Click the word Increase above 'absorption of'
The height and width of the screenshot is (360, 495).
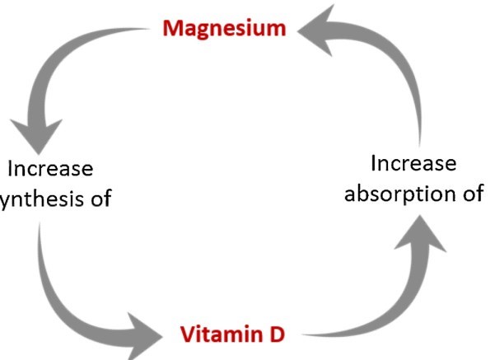(x=411, y=163)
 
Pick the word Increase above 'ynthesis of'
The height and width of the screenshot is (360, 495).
(x=50, y=168)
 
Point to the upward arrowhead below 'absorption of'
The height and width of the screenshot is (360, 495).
(x=424, y=239)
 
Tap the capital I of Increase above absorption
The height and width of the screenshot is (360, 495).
(x=375, y=163)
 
